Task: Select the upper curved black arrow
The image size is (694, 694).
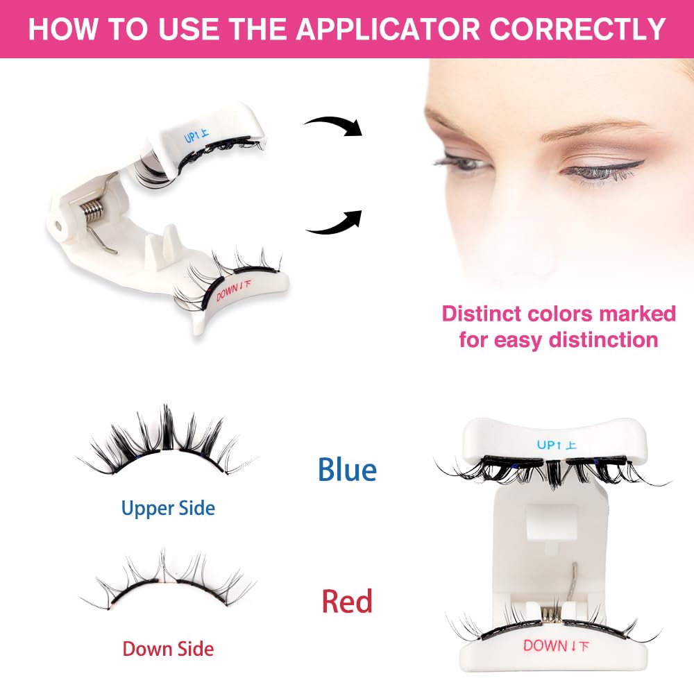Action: coord(335,125)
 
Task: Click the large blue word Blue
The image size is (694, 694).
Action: coord(347,470)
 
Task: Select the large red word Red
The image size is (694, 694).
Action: coord(347,601)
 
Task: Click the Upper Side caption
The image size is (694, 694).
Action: coord(168,508)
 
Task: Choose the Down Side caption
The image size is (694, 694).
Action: coord(168,649)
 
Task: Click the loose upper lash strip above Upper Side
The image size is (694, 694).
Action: coord(167,444)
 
